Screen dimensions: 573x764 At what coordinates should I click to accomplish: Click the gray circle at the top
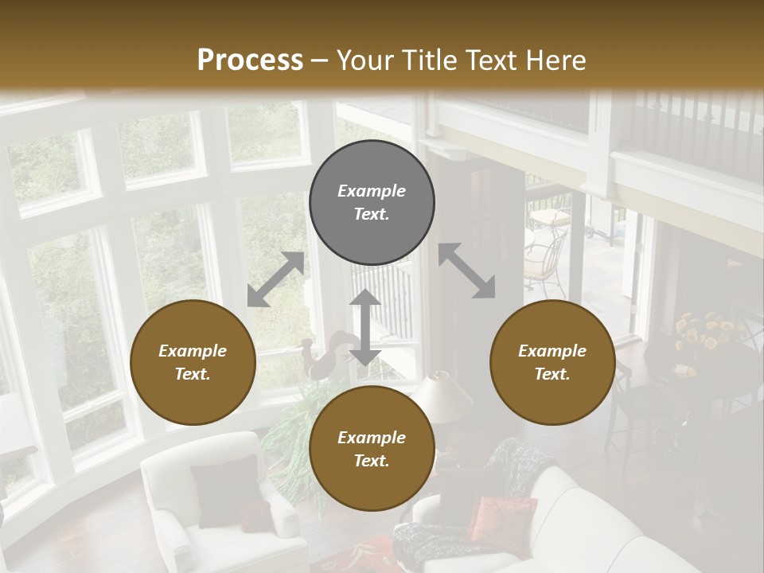click(372, 202)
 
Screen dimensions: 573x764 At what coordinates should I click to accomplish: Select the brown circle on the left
click(193, 362)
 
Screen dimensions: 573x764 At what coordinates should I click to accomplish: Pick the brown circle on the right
click(552, 362)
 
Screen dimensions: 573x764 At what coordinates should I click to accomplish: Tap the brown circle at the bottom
click(372, 449)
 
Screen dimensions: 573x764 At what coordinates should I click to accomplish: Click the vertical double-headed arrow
click(364, 326)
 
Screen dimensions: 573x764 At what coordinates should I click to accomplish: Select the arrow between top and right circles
click(466, 271)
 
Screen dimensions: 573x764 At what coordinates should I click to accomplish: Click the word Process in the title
click(250, 60)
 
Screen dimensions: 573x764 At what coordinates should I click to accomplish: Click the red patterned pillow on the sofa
click(501, 521)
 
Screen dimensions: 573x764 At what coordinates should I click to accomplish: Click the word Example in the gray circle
click(372, 191)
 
